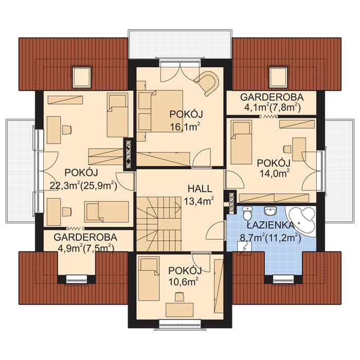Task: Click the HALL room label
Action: pyautogui.click(x=200, y=189)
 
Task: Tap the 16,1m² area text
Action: pyautogui.click(x=185, y=127)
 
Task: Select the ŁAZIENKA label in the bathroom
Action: pyautogui.click(x=271, y=225)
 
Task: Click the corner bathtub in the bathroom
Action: pyautogui.click(x=301, y=219)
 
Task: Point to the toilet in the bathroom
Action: pyautogui.click(x=247, y=213)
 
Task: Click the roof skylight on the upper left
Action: pyautogui.click(x=82, y=77)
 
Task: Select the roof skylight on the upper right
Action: pyautogui.click(x=278, y=77)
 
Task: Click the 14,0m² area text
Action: pyautogui.click(x=274, y=173)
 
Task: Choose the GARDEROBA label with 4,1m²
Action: pyautogui.click(x=272, y=97)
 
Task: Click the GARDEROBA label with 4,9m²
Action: pyautogui.click(x=85, y=237)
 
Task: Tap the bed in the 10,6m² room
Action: pyautogui.click(x=149, y=279)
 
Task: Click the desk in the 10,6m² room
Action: pyautogui.click(x=179, y=309)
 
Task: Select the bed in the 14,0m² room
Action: pyautogui.click(x=241, y=142)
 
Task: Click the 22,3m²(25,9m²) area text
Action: pyautogui.click(x=83, y=186)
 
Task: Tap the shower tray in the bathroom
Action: pyautogui.click(x=245, y=248)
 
